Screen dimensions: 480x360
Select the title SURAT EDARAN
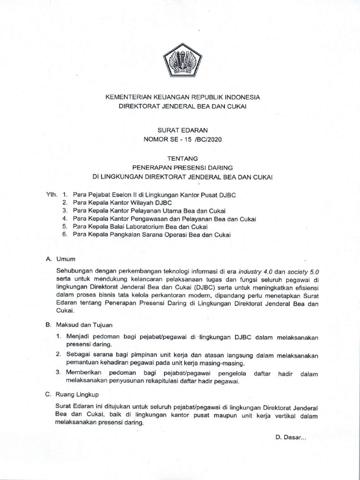(x=180, y=129)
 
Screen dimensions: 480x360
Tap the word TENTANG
(x=180, y=159)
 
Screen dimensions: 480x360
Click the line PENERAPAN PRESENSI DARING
(x=180, y=168)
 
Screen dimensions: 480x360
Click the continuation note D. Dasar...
(x=291, y=438)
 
